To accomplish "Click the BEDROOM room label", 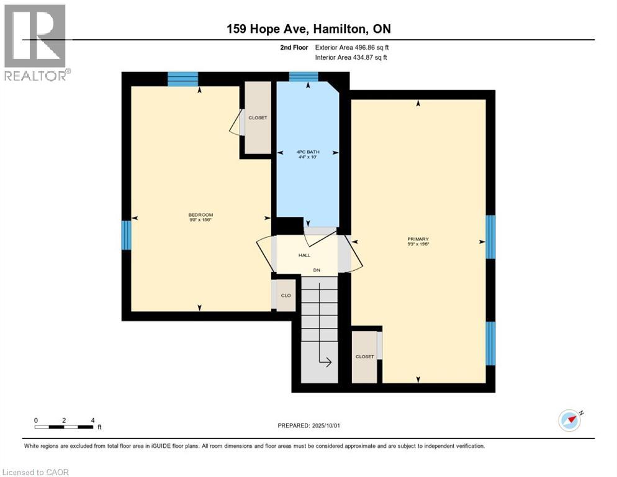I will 200,215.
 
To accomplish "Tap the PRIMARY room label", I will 418,239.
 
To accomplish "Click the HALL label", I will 304,255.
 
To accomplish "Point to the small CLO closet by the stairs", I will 286,296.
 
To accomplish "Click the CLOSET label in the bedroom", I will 258,117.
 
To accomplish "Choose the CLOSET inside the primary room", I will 364,357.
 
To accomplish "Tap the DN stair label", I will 317,270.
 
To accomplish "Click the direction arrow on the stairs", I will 324,360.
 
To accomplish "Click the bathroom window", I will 304,77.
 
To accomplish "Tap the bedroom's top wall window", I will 182,79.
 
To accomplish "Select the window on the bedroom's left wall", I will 126,235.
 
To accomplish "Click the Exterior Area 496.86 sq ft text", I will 351,47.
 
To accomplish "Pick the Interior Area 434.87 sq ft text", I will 351,58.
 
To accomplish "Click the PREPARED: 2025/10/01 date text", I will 308,425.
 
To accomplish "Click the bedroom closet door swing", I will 236,123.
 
